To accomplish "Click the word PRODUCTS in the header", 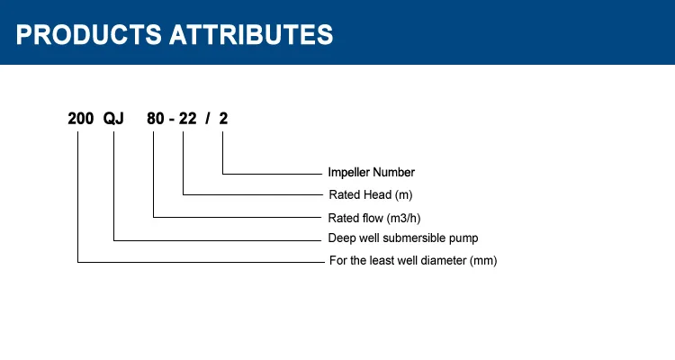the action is tap(89, 34).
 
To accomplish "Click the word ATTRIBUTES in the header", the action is tap(251, 34).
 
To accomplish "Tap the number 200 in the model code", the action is tap(80, 119).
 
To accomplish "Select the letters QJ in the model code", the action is tap(113, 119).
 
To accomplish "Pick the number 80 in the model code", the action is tap(156, 119).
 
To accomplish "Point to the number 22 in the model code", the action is tap(188, 119).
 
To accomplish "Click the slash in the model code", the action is tap(208, 119).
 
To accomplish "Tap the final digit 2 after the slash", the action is tap(223, 119).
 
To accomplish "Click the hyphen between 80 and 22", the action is tap(172, 120).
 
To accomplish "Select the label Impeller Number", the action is tap(371, 172).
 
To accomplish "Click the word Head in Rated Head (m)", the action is tap(377, 194).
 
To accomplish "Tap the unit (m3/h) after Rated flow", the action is tap(403, 219).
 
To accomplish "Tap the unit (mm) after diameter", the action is tap(483, 261).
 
